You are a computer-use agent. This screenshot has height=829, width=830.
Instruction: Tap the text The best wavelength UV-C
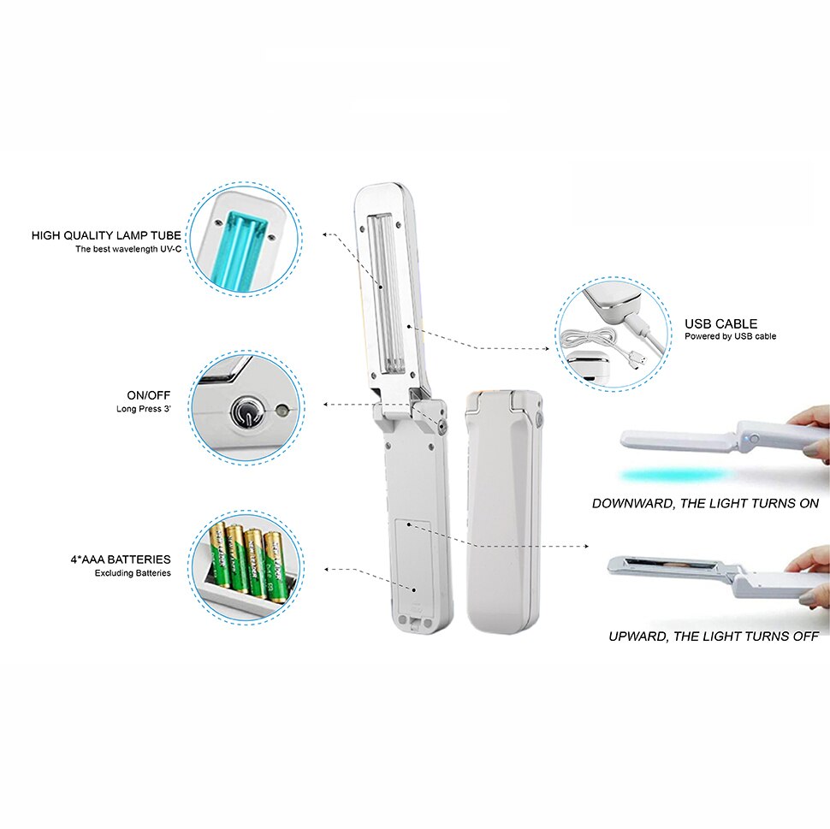(x=127, y=250)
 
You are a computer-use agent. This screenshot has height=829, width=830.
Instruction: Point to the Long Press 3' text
(x=143, y=409)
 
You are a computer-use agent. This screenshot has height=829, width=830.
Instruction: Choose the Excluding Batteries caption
(x=133, y=573)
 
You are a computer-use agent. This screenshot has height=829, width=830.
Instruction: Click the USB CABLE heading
(x=720, y=323)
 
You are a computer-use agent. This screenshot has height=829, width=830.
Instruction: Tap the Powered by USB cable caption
(x=730, y=337)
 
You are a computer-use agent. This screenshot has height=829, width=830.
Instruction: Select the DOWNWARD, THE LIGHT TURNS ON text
(x=705, y=504)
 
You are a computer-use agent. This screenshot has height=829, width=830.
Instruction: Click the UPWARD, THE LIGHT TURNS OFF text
(x=714, y=637)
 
